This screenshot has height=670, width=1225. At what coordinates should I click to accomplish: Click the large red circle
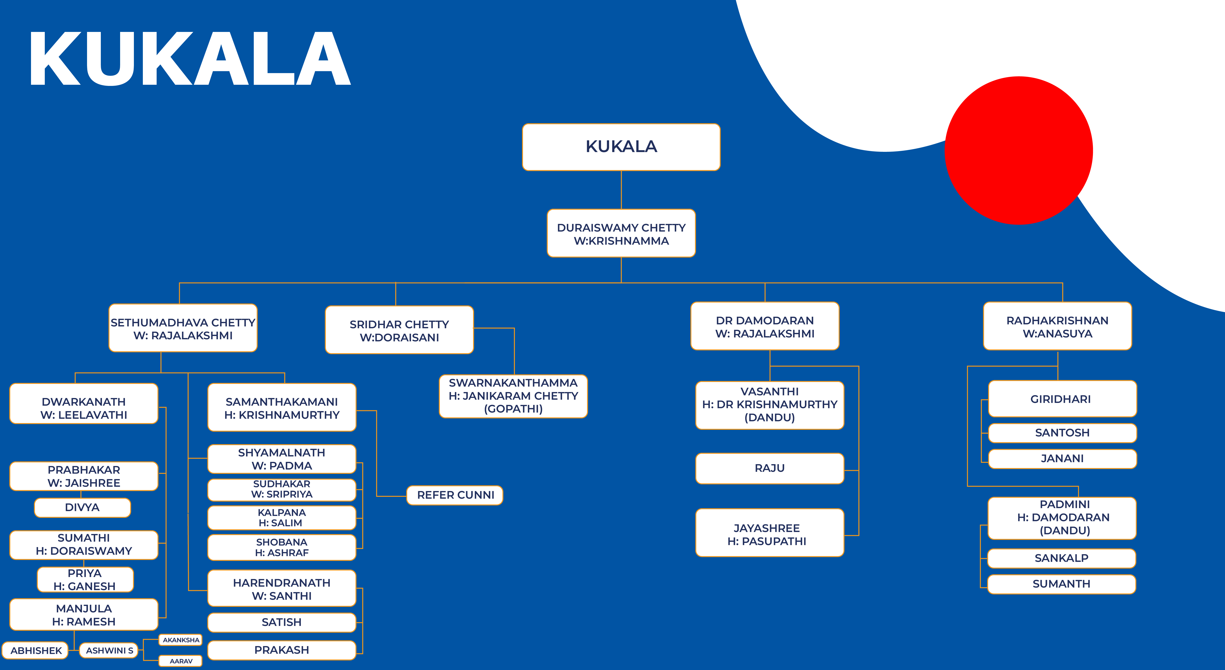pos(1019,150)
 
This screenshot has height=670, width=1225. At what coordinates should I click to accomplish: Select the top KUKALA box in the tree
pos(621,147)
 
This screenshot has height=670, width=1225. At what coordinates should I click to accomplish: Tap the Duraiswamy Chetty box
pos(621,233)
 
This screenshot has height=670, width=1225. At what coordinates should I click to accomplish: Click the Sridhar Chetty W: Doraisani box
pos(399,330)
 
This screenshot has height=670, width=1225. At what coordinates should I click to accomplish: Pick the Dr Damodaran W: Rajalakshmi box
pos(765,326)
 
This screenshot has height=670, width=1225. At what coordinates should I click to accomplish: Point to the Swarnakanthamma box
pos(513,396)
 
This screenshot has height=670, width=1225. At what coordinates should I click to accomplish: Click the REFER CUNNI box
pos(455,495)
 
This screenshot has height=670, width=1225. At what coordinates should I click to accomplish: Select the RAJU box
pos(769,468)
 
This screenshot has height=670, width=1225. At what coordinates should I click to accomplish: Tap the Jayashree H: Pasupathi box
pos(769,533)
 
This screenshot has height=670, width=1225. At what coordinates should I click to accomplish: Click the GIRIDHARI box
pos(1062,399)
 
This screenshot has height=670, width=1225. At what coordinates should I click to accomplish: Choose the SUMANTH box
pos(1061,584)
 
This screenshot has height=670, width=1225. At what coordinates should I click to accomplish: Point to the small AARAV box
pos(181,661)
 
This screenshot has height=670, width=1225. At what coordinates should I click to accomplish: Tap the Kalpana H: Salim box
pos(282,518)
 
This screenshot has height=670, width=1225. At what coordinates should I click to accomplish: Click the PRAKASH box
pos(282,650)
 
